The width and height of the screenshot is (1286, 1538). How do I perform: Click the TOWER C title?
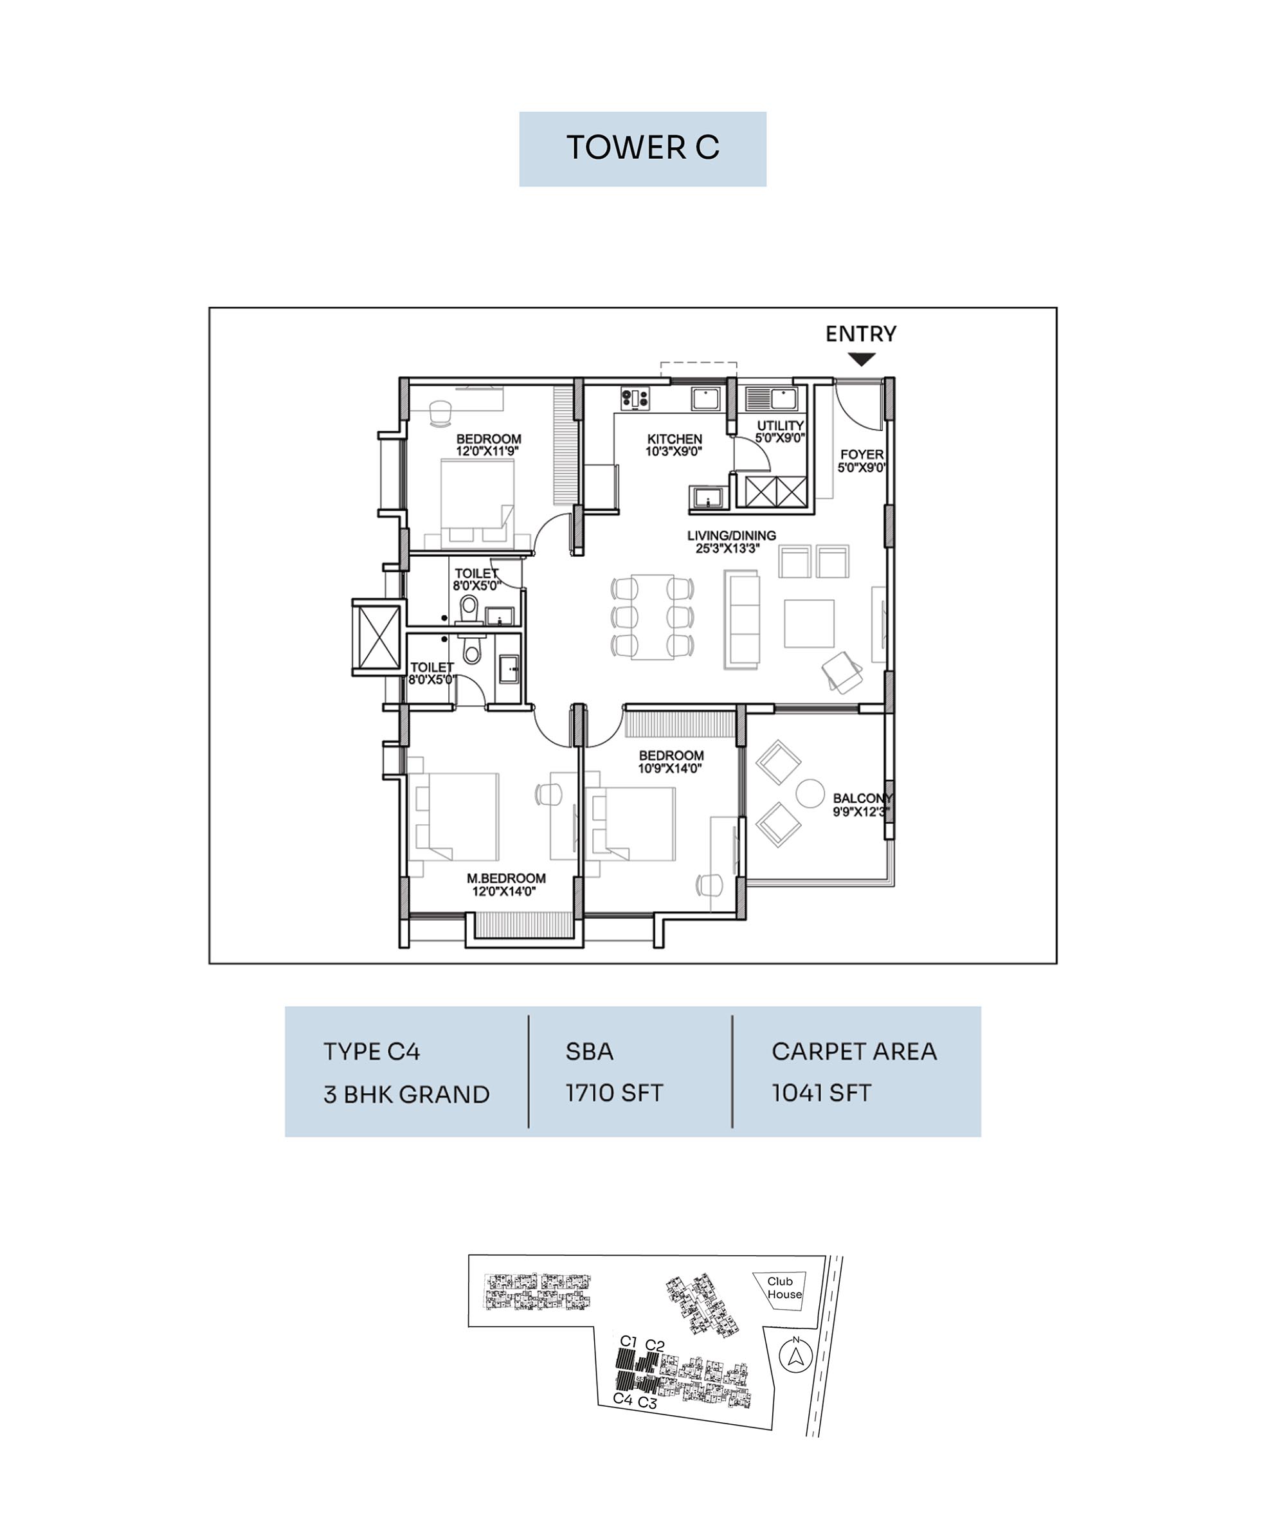point(642,148)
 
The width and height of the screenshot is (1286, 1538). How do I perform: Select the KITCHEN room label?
point(675,439)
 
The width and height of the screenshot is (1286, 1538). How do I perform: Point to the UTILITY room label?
point(781,426)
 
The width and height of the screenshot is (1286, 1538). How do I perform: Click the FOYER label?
point(862,454)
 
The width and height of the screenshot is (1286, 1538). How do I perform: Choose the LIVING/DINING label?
point(732,536)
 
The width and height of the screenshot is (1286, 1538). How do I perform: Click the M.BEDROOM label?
point(506,878)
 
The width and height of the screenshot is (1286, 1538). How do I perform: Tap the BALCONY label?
point(863,799)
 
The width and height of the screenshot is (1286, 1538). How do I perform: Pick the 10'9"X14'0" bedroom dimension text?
point(670,768)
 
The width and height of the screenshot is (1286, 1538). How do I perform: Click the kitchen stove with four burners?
point(635,398)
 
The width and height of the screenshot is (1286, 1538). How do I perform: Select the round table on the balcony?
point(811,792)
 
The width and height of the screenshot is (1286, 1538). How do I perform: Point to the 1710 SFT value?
point(613,1092)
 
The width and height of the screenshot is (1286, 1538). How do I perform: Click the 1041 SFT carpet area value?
point(821,1092)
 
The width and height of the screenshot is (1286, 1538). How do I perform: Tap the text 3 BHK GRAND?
point(406,1094)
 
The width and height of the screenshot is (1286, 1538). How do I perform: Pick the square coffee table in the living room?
point(810,623)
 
